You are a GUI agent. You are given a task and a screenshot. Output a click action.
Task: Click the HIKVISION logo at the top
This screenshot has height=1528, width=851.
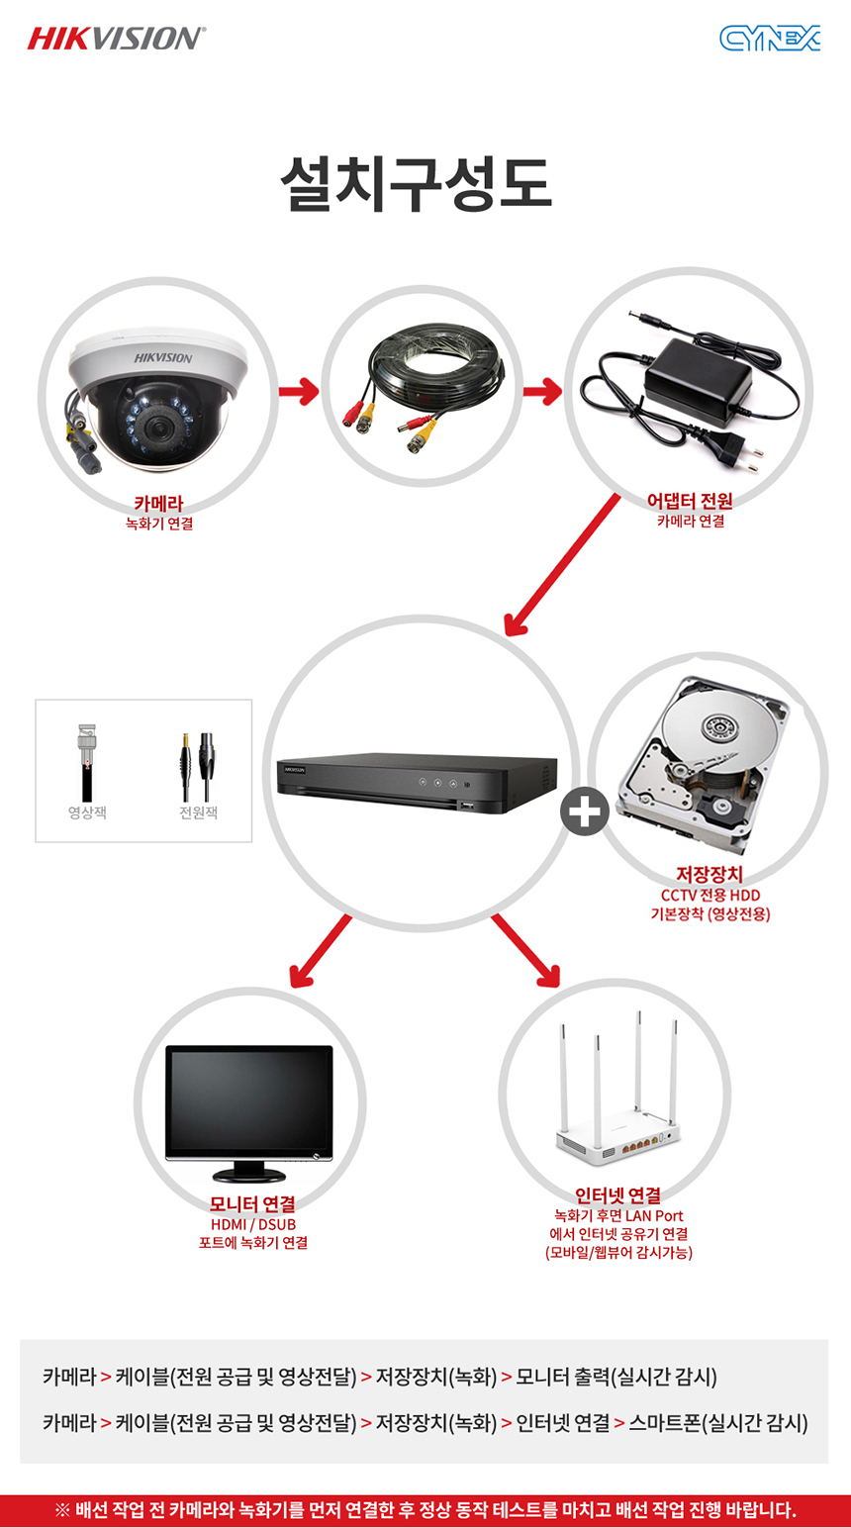117,39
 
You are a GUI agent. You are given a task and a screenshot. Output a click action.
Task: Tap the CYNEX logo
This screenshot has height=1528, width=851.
770,39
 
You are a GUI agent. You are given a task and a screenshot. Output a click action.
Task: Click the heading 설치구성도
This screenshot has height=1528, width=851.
415,184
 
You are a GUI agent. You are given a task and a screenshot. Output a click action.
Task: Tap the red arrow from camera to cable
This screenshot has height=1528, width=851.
298,393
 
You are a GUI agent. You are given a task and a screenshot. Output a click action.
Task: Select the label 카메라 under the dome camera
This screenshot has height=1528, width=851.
158,504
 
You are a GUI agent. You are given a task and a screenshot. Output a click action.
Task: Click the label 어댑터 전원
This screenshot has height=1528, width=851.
690,502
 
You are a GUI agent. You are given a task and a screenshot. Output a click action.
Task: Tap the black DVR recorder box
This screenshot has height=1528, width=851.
416,780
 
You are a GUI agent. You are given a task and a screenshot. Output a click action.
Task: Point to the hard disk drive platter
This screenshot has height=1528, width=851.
719,729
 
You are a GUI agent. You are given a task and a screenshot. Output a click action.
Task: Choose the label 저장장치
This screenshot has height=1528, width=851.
709,875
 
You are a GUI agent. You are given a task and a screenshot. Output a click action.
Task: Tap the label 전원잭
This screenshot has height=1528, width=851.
198,812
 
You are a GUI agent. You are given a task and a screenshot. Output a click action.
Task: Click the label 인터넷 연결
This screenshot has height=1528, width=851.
617,1195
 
